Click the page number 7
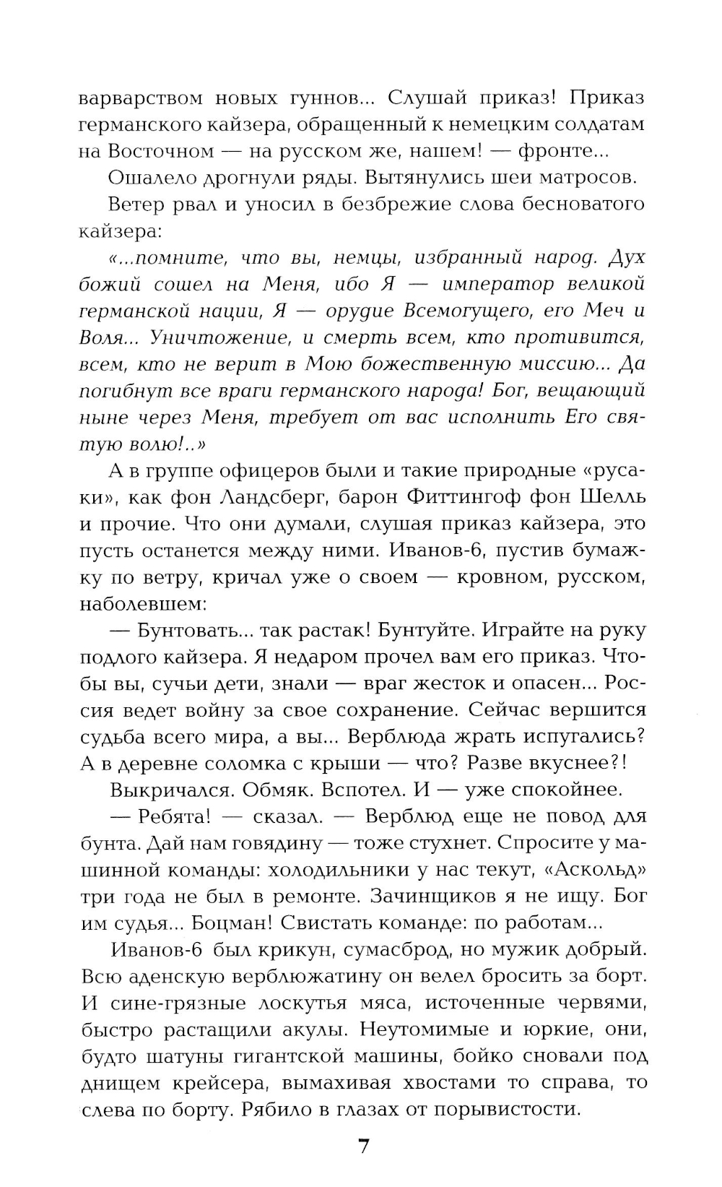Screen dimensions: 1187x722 (x=363, y=1147)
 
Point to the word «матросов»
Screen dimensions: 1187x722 (x=588, y=178)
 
